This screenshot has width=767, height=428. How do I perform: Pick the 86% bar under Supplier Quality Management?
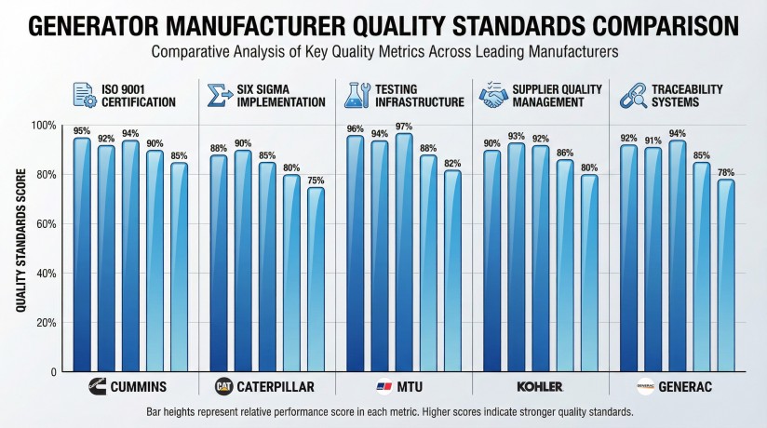pos(563,265)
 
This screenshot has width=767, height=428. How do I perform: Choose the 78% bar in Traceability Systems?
pos(725,274)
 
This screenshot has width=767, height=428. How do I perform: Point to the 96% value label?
pos(355,129)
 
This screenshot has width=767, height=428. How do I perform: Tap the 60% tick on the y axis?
pos(43,224)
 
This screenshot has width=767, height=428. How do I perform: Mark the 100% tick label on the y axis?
pos(41,126)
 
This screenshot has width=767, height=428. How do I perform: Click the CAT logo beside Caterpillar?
pos(223,386)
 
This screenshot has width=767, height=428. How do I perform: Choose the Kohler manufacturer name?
pos(540,386)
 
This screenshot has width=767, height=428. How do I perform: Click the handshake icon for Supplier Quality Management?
pos(492,96)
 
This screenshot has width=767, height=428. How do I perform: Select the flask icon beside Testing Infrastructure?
pos(356,95)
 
